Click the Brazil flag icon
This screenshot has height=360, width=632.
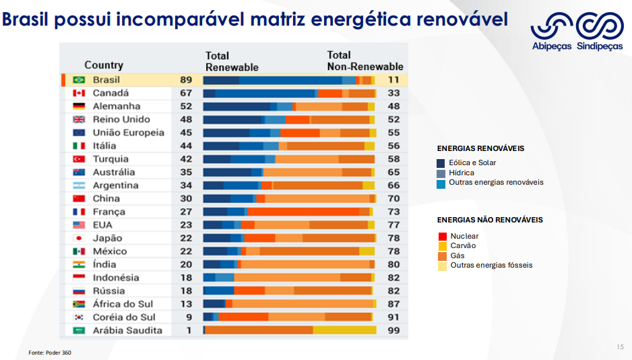pyautogui.click(x=78, y=80)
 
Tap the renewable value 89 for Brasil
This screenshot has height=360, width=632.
pyautogui.click(x=186, y=80)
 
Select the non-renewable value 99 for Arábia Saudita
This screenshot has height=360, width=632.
pyautogui.click(x=393, y=330)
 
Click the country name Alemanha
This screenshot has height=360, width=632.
pyautogui.click(x=117, y=106)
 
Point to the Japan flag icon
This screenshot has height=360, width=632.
pyautogui.click(x=78, y=238)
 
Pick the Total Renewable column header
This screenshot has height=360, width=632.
pyautogui.click(x=232, y=61)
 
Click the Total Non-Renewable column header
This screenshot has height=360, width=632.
pyautogui.click(x=365, y=61)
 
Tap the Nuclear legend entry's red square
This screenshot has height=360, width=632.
pyautogui.click(x=442, y=237)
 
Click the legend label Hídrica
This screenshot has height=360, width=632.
pyautogui.click(x=462, y=173)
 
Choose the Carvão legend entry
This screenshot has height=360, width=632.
pyautogui.click(x=463, y=246)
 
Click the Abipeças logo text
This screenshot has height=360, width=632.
pyautogui.click(x=552, y=47)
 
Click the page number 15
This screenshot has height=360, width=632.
pyautogui.click(x=620, y=347)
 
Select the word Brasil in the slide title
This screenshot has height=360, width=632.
pyautogui.click(x=31, y=20)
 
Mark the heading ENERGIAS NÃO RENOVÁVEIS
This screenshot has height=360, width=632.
pyautogui.click(x=490, y=220)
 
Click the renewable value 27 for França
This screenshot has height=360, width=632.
pyautogui.click(x=186, y=212)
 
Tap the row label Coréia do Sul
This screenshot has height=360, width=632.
pyautogui.click(x=124, y=317)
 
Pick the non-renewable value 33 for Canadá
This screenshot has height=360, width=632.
pyautogui.click(x=393, y=93)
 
